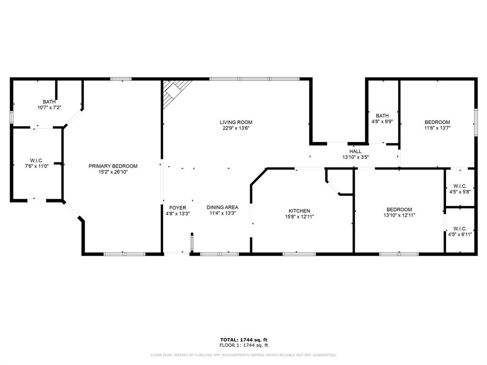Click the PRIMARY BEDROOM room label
(x=113, y=166)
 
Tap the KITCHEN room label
(x=299, y=211)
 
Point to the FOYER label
(x=177, y=208)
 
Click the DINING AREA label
(x=222, y=207)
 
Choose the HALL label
(x=355, y=152)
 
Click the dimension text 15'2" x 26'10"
(x=113, y=172)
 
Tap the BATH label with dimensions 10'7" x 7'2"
(x=49, y=102)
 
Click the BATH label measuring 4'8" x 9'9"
(x=382, y=115)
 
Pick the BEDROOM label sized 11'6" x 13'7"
(x=437, y=122)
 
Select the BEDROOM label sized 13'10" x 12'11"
(x=399, y=210)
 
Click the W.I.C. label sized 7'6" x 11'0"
(x=37, y=160)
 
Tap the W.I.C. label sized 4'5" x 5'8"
(x=459, y=186)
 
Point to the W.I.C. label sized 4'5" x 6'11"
(x=459, y=228)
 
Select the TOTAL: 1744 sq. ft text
(x=243, y=339)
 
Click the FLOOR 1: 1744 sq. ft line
(x=243, y=345)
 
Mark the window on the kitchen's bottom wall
(x=299, y=254)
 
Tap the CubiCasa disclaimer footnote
(x=243, y=355)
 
